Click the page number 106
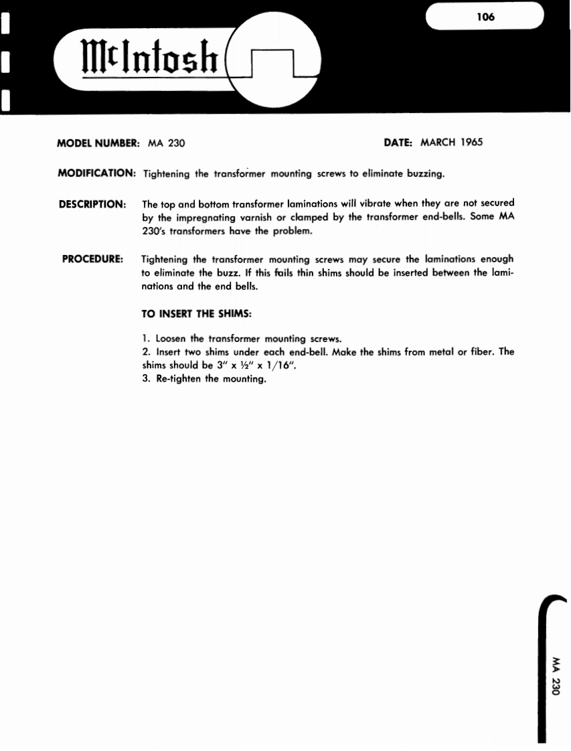(485, 17)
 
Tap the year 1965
(471, 142)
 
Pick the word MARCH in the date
(438, 142)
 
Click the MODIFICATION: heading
(97, 173)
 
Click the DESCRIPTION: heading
(92, 203)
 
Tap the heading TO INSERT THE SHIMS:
(196, 313)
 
